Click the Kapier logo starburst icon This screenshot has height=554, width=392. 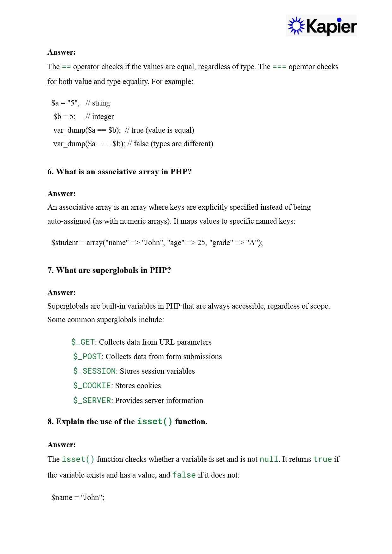coord(296,26)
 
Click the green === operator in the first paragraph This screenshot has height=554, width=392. coord(279,67)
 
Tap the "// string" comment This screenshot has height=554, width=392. coord(98,103)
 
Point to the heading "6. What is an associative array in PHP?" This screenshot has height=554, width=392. coord(119,172)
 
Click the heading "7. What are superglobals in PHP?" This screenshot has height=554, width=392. coord(109,270)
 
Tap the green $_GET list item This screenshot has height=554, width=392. coord(83,342)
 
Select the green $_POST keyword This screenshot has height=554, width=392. coord(87,357)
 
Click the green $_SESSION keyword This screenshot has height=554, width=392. coord(94,371)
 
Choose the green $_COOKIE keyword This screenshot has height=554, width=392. coord(92,386)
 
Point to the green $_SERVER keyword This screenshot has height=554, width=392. coord(92,400)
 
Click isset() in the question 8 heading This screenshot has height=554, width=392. coord(155,422)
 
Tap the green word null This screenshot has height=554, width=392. coord(269,459)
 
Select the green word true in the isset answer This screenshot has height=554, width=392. coord(322,459)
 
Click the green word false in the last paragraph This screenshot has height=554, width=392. coord(184,475)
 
